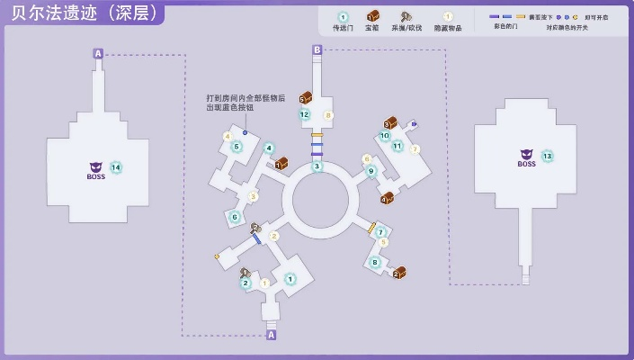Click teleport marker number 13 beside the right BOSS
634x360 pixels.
click(547, 156)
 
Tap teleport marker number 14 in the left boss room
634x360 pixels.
click(115, 167)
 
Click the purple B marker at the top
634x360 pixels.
click(317, 49)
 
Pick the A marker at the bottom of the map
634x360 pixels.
click(272, 335)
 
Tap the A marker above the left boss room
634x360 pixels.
click(98, 54)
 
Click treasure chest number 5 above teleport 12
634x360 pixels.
click(305, 97)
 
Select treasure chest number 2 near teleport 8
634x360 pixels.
click(398, 272)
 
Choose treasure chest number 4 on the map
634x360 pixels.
click(387, 197)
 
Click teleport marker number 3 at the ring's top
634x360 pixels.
click(317, 166)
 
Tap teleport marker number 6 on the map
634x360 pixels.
click(235, 217)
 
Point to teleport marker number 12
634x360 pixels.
click(304, 114)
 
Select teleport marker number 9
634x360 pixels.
click(371, 171)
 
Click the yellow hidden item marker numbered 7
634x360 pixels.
click(415, 148)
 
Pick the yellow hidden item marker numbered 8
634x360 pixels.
click(328, 115)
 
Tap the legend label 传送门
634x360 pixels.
click(342, 28)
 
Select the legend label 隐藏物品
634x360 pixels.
click(448, 28)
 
